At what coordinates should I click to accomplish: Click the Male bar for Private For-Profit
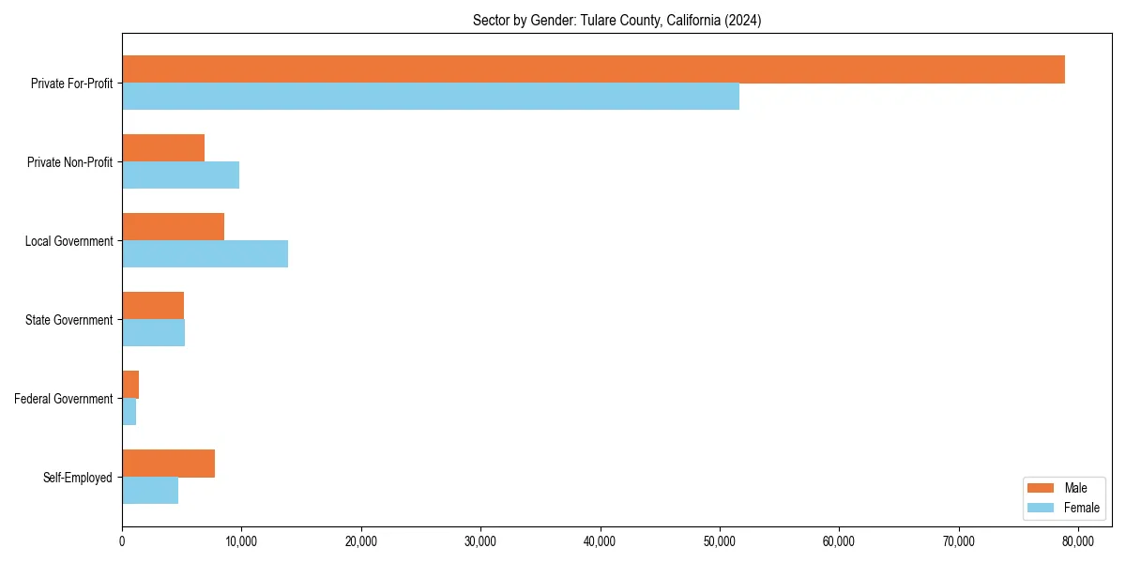[x=593, y=69]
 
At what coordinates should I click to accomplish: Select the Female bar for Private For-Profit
[x=431, y=97]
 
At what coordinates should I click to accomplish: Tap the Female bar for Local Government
[x=205, y=254]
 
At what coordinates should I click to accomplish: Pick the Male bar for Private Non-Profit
[x=163, y=148]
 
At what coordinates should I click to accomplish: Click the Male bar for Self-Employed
[x=168, y=464]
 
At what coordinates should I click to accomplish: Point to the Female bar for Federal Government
[x=129, y=412]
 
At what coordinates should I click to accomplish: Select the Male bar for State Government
[x=153, y=306]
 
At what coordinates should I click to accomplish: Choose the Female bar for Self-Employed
[x=150, y=491]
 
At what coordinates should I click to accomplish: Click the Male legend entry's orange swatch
[x=1042, y=488]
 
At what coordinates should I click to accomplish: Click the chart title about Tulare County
[x=616, y=21]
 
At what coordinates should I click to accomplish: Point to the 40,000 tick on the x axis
[x=600, y=540]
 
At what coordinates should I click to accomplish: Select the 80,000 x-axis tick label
[x=1077, y=540]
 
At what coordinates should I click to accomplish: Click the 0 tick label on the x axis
[x=122, y=540]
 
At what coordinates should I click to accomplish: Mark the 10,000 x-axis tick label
[x=241, y=540]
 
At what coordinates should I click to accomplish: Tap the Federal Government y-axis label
[x=63, y=399]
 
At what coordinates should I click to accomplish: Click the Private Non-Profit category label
[x=69, y=162]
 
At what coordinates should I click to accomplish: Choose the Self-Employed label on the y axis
[x=77, y=478]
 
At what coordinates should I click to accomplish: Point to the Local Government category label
[x=68, y=241]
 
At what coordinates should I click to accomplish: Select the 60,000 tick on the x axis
[x=838, y=540]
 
